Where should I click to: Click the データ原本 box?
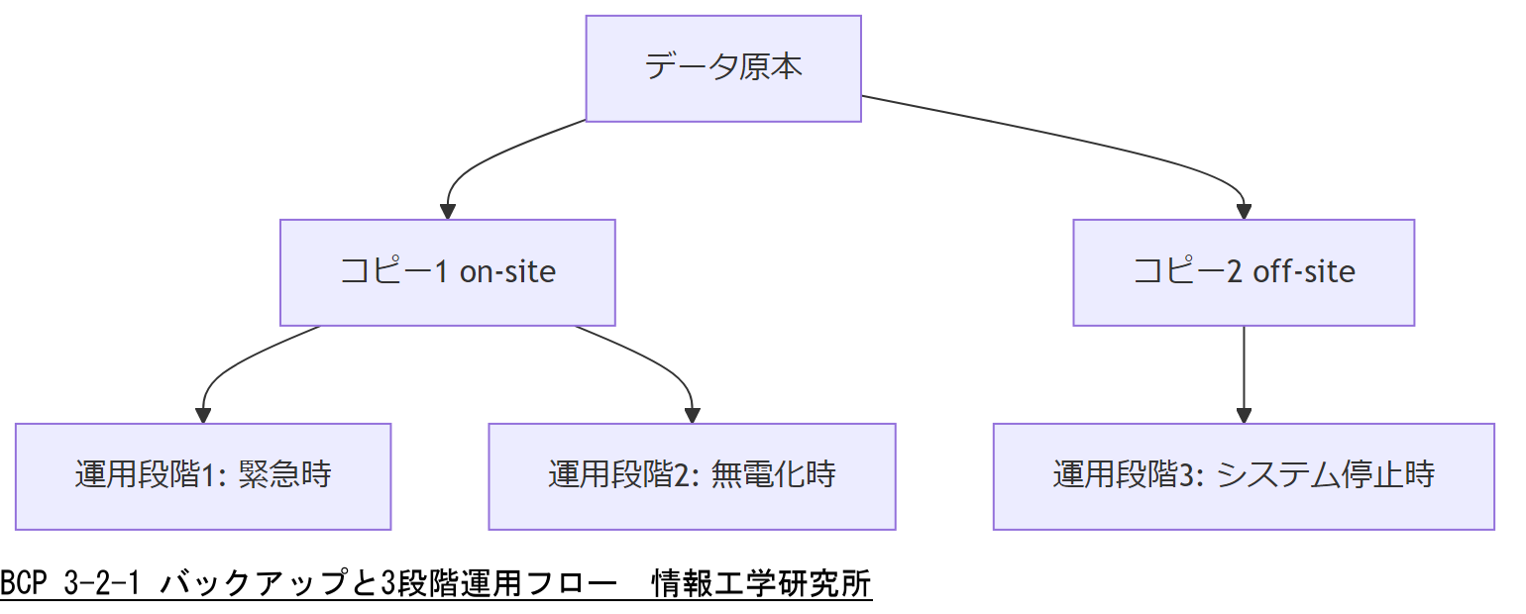(723, 68)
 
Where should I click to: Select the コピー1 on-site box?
(447, 272)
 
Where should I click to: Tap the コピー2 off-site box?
(1244, 272)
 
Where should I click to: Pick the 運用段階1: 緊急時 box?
(203, 476)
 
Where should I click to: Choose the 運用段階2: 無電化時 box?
(692, 476)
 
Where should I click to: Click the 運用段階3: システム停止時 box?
(1244, 476)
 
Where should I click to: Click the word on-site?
(507, 272)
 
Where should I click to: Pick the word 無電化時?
(774, 476)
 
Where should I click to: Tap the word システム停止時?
(1325, 476)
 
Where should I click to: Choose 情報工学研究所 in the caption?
(761, 584)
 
